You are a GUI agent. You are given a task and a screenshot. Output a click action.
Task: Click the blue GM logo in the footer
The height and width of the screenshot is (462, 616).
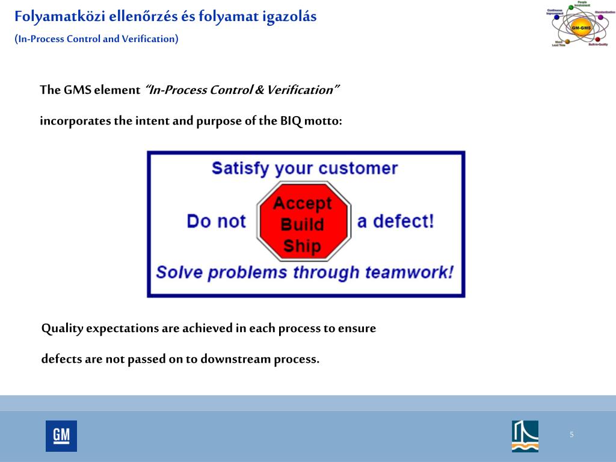point(61,436)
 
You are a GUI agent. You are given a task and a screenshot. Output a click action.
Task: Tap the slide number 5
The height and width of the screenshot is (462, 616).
point(571,435)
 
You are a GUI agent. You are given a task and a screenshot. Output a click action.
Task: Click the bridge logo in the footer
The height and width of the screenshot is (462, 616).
point(525,436)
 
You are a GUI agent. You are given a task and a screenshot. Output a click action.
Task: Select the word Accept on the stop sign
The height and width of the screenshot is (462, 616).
point(303,203)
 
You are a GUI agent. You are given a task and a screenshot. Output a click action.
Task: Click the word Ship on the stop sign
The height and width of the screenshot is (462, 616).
point(302,245)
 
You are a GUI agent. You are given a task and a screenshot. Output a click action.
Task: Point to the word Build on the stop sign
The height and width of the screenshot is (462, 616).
point(302,224)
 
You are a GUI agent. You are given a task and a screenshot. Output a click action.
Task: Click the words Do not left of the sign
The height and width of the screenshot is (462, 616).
point(216,221)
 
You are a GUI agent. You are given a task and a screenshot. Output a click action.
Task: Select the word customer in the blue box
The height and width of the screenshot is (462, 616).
point(358,168)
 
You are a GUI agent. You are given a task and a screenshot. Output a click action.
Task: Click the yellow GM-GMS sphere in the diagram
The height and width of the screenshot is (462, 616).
point(581,28)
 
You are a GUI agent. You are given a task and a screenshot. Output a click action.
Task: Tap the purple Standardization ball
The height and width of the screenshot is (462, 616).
point(600,17)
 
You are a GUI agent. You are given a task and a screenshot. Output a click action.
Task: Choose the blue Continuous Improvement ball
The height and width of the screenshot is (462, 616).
point(556,17)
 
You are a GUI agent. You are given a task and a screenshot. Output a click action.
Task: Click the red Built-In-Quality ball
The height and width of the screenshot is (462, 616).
point(597,40)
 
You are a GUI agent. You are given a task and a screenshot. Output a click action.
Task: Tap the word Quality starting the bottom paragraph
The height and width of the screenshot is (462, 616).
point(63,329)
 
